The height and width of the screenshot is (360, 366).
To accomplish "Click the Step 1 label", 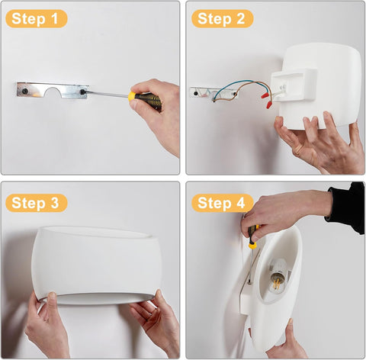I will pos(36,18).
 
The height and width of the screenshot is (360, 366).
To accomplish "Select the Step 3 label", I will pos(36,203).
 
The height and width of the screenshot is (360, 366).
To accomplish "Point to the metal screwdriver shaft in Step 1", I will pos(107,94).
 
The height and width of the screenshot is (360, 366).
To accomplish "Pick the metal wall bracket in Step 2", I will pos(204,92).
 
